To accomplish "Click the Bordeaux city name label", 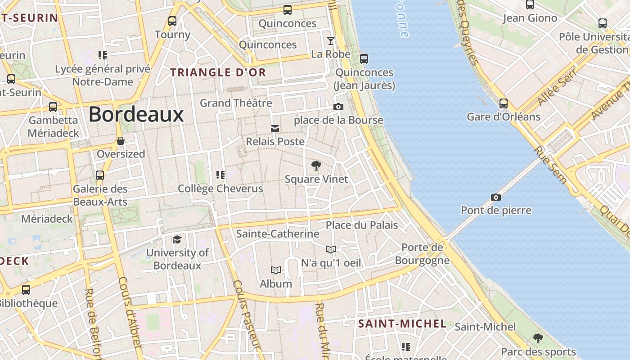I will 136,114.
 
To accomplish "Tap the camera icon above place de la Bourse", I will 338,107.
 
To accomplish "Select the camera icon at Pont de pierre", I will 495,197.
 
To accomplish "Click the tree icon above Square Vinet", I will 316,166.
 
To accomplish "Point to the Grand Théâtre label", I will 236,103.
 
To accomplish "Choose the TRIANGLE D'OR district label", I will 218,72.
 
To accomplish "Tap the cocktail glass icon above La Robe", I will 331,41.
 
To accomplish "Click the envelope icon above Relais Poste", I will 274,129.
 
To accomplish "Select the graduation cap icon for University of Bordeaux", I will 177,239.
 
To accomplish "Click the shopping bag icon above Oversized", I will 121,141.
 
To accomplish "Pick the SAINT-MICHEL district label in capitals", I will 402,324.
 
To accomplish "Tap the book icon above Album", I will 276,270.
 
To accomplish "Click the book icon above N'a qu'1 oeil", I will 331,249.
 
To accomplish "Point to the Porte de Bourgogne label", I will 422,254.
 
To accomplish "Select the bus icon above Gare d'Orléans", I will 504,103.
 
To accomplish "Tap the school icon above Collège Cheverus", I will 220,175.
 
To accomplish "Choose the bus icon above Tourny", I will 172,21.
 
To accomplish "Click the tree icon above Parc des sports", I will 538,338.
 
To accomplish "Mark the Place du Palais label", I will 362,225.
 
